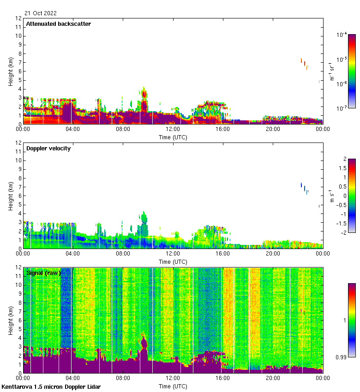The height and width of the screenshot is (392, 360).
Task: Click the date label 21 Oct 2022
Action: pos(41,13)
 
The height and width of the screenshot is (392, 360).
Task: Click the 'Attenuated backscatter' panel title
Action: pos(58,24)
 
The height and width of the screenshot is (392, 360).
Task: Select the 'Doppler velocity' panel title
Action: pos(48,148)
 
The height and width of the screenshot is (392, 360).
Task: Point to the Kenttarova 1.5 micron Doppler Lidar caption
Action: pos(51,386)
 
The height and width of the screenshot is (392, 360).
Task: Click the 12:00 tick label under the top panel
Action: pos(173,130)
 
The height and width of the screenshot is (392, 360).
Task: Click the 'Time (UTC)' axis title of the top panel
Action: pos(173,137)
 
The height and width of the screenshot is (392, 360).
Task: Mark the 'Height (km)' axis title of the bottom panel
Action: pos(11,320)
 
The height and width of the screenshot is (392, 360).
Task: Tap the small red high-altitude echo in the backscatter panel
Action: pos(304,64)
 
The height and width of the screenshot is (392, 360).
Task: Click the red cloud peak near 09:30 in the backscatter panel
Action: pos(144,95)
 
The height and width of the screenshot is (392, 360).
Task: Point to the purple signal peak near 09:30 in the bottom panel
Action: pos(144,343)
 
